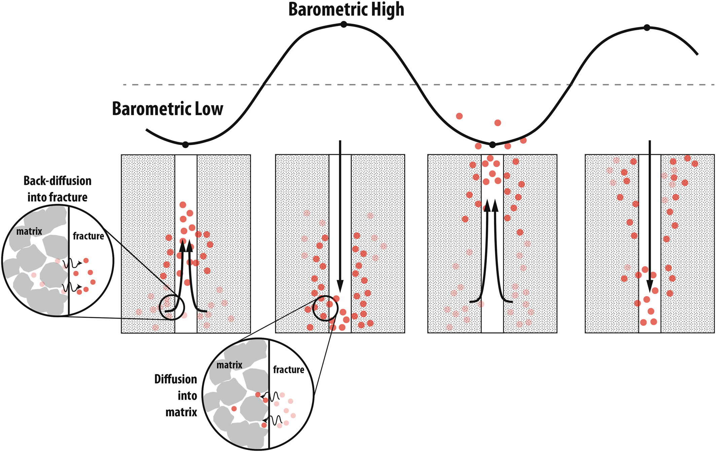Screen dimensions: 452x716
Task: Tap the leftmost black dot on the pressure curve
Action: point(185,145)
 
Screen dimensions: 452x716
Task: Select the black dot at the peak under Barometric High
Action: point(344,24)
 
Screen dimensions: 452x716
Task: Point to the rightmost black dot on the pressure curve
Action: point(647,28)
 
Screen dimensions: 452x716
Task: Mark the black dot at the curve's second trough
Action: point(493,145)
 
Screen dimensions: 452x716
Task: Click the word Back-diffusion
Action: point(58,181)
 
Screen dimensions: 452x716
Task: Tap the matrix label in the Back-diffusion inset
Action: point(29,231)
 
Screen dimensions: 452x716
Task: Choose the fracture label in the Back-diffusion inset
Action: point(88,236)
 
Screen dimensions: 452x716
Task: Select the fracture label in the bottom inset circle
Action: point(288,369)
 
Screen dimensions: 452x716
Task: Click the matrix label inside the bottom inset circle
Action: point(229,365)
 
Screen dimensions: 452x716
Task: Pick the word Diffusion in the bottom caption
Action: point(176,379)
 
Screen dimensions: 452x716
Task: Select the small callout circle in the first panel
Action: point(172,307)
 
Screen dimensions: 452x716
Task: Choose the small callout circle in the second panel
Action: point(325,308)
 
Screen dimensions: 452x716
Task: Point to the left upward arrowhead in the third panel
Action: point(487,205)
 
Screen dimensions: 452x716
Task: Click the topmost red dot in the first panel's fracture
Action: point(183,205)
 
